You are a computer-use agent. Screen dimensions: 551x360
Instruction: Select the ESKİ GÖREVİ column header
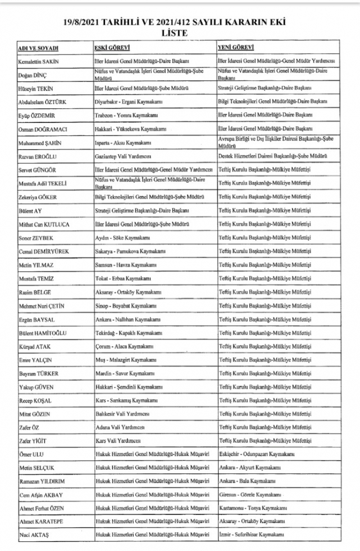pyautogui.click(x=110, y=48)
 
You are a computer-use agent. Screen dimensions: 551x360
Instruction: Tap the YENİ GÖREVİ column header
pyautogui.click(x=235, y=48)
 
